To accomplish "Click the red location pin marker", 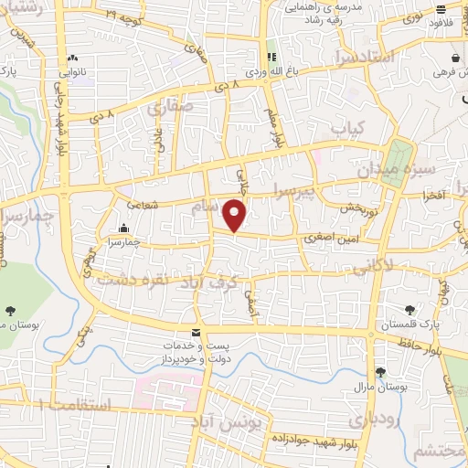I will point(236,216).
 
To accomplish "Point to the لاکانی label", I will point(371,266).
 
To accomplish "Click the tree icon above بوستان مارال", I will point(380,373).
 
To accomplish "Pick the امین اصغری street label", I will point(330,237).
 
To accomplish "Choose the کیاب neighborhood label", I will point(347,127).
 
